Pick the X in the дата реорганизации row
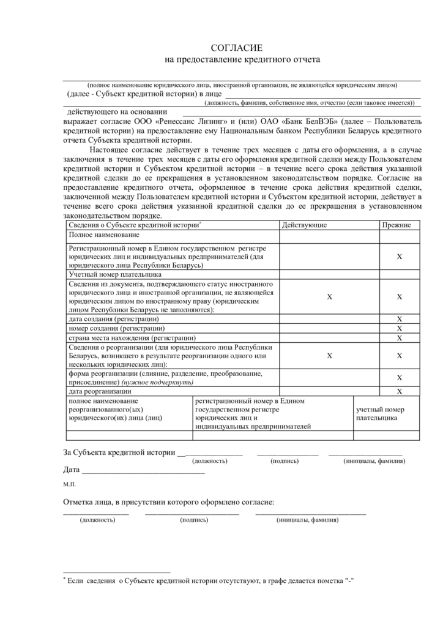tap(399, 391)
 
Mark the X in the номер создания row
tap(399, 328)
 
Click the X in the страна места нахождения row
tap(399, 338)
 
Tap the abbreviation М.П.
tap(69, 484)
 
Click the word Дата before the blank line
tap(71, 470)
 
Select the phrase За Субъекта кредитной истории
tap(119, 452)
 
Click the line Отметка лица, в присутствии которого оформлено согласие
tap(168, 503)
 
